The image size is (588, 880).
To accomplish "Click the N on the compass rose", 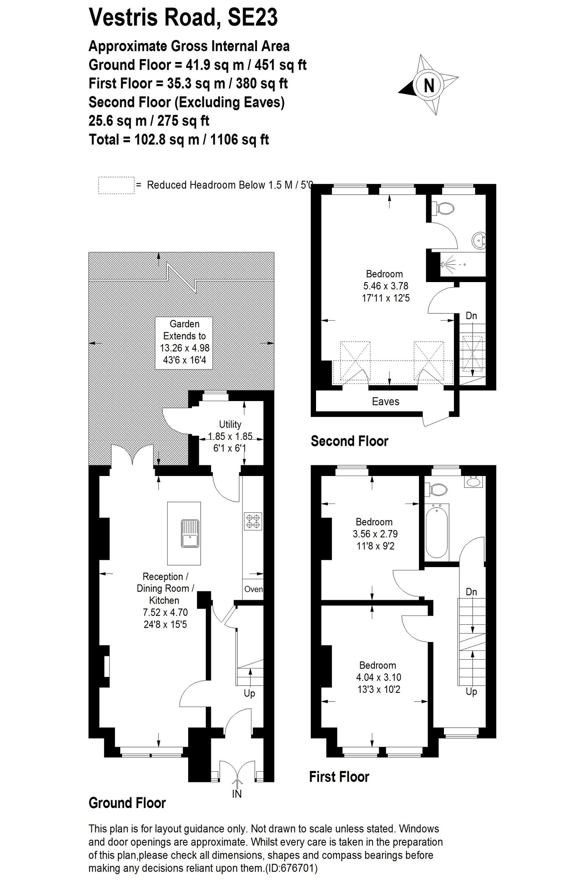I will point(429,86).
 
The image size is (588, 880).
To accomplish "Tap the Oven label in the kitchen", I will point(253,589).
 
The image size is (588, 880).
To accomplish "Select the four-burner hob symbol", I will point(253,521).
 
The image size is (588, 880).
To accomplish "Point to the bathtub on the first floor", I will point(437,531).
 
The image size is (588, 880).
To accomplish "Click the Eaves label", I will point(386,401).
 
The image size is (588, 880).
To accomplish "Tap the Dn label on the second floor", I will point(471,315).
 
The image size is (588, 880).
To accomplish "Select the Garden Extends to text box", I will point(184,343).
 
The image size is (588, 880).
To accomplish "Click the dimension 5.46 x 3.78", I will point(386,286).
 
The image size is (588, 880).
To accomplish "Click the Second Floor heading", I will point(349,441).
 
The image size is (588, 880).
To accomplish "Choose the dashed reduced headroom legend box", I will point(116,185).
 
